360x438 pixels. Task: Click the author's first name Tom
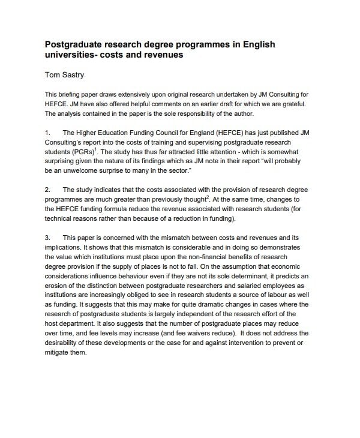click(54, 76)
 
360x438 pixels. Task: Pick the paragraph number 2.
click(47, 190)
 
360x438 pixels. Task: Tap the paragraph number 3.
click(47, 237)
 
